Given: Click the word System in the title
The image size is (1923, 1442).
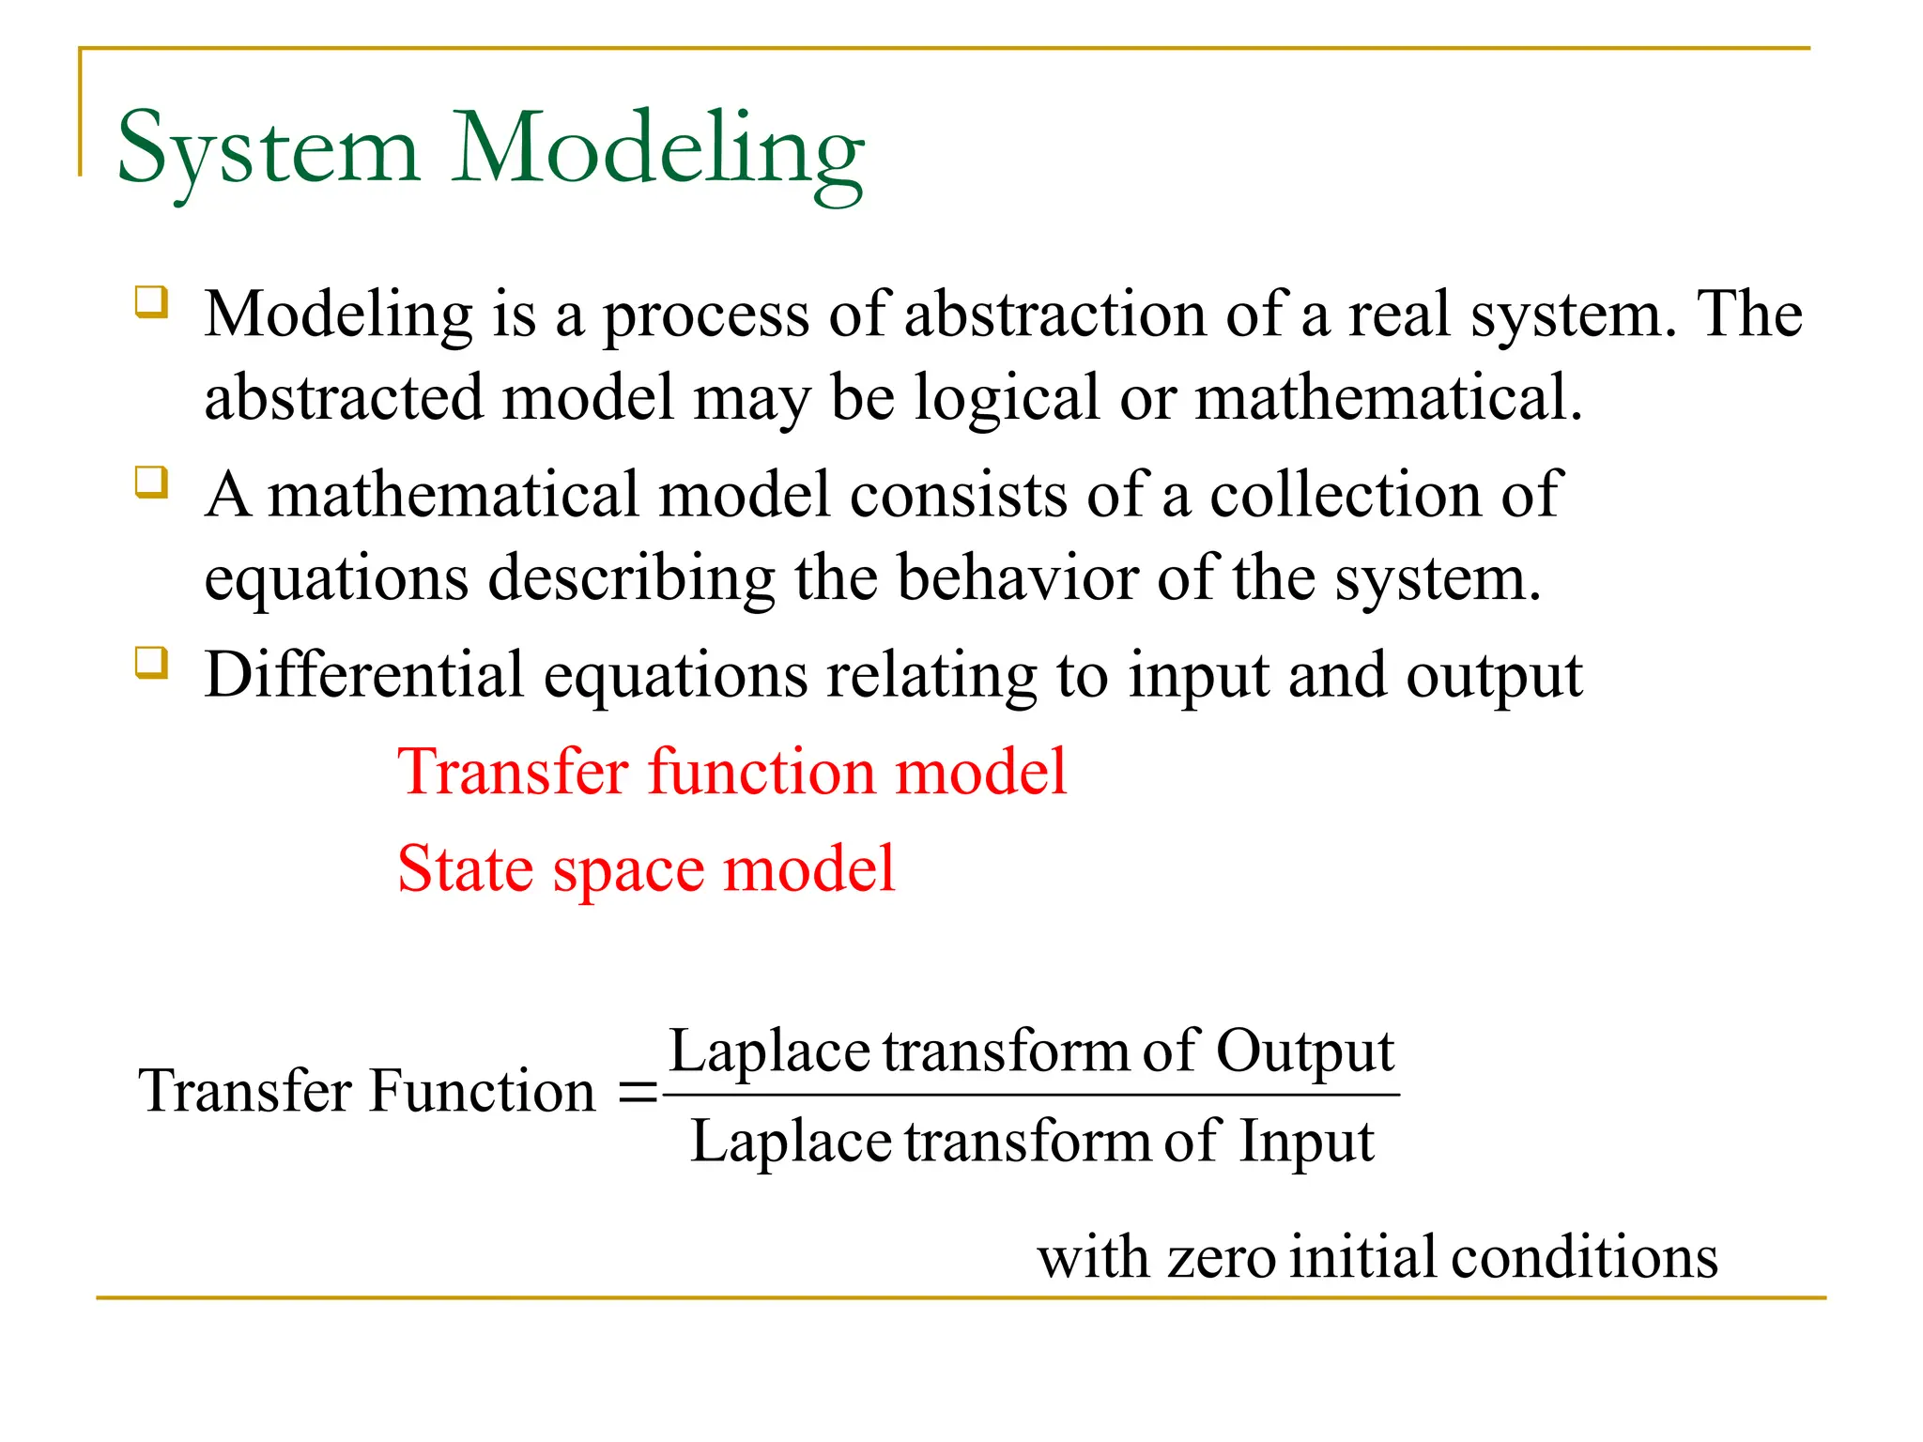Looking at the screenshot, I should point(268,150).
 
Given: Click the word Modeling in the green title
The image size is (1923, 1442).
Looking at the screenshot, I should point(657,150).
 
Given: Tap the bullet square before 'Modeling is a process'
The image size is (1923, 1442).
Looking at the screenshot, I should point(152,303).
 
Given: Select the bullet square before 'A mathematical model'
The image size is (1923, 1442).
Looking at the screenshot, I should point(152,483).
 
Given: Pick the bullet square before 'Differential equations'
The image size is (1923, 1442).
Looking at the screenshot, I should point(152,663).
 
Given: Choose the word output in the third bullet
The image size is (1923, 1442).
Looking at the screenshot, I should point(1494,677).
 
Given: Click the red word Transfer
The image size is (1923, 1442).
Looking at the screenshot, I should point(513,772).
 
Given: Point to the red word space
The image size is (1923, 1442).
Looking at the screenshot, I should point(628,870).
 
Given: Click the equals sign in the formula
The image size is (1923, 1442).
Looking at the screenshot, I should point(638,1093).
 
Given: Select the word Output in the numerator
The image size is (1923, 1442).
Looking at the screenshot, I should point(1305,1051).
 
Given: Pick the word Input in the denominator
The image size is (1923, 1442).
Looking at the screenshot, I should point(1306,1143).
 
